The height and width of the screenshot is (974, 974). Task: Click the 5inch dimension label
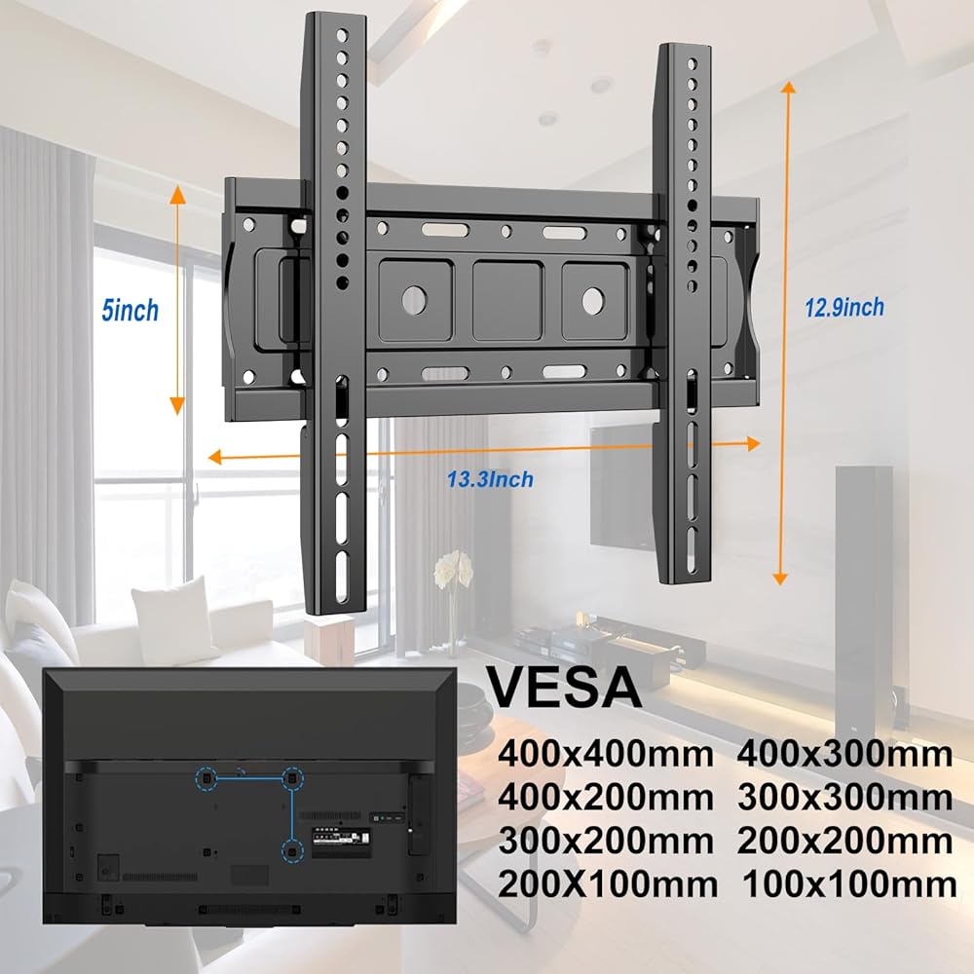pyautogui.click(x=130, y=312)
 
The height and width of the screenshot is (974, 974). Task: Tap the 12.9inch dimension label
pyautogui.click(x=843, y=308)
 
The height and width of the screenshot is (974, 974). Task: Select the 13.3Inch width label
pyautogui.click(x=490, y=479)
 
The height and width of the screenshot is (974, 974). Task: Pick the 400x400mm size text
pyautogui.click(x=607, y=754)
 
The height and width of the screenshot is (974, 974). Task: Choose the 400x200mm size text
pyautogui.click(x=607, y=798)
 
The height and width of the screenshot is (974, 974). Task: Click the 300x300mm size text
pyautogui.click(x=844, y=798)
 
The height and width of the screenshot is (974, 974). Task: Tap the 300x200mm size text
pyautogui.click(x=607, y=841)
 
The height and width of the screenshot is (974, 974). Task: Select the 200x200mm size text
pyautogui.click(x=844, y=841)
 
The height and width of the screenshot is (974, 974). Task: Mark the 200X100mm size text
pyautogui.click(x=608, y=884)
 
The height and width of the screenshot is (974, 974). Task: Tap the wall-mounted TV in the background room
pyautogui.click(x=620, y=487)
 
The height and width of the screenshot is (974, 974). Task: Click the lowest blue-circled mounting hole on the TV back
pyautogui.click(x=290, y=850)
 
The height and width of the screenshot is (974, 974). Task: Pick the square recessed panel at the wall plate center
pyautogui.click(x=506, y=300)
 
